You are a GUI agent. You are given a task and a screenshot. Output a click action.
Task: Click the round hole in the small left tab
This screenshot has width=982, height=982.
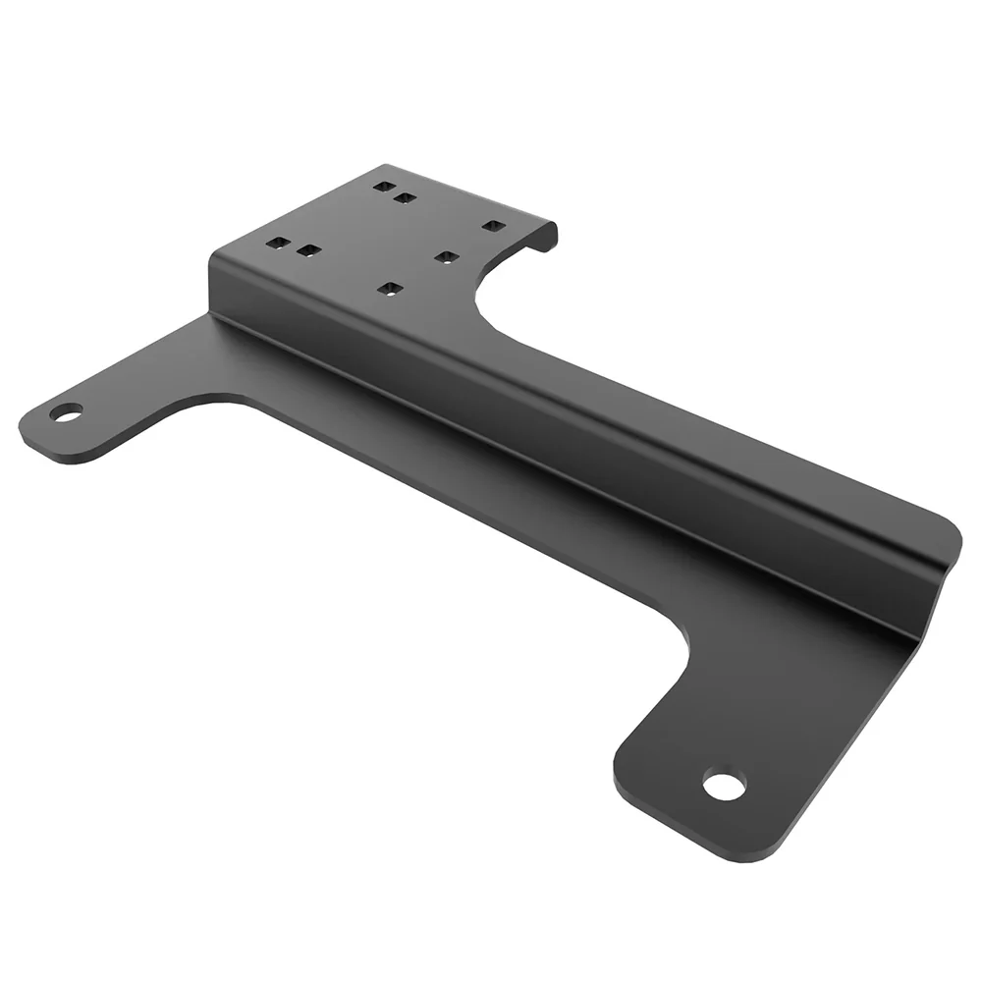point(67,411)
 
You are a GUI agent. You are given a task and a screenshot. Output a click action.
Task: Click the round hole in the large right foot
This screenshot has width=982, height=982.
point(724,786)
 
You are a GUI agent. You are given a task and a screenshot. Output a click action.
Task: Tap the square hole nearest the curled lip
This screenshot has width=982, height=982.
point(493,226)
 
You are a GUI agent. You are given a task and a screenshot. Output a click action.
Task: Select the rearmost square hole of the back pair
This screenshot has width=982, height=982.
point(384,186)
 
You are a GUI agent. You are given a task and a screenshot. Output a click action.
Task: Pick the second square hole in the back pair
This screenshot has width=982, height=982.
point(404,198)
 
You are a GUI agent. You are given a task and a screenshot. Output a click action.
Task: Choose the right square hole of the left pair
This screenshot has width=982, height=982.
point(308,251)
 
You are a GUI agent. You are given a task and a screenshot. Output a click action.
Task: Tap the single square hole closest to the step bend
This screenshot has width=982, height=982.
point(391,289)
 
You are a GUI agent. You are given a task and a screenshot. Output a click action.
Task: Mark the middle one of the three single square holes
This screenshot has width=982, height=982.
point(446,257)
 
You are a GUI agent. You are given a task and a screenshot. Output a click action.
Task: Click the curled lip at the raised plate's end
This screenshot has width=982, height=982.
point(545,237)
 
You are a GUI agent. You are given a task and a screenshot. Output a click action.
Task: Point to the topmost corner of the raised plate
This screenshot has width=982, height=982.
point(385,166)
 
